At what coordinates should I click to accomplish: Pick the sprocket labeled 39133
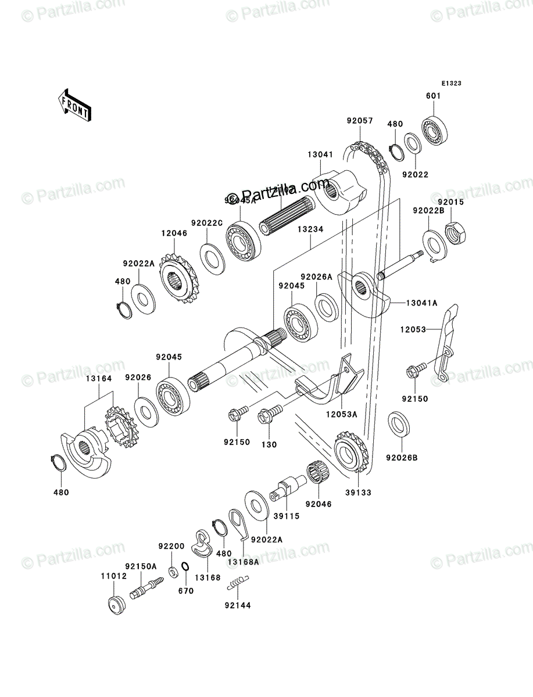pos(350,451)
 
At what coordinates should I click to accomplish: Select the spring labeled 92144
pos(239,581)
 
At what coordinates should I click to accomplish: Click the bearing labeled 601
pos(434,131)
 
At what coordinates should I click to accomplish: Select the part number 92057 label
pos(359,121)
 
